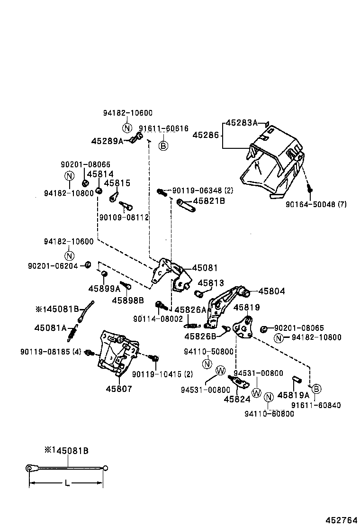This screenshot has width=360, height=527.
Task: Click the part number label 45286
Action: point(206,135)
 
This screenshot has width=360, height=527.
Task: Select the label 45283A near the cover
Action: point(241,123)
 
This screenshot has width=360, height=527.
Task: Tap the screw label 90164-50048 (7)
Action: point(317,204)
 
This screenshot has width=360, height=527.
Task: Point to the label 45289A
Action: point(107,141)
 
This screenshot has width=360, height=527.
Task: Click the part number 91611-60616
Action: point(163,128)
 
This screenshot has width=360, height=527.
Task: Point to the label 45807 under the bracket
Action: point(118,389)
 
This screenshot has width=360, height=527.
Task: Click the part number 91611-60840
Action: point(316,405)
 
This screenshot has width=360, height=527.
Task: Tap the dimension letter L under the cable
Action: point(67,483)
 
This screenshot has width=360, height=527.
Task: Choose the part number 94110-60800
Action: point(269,414)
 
